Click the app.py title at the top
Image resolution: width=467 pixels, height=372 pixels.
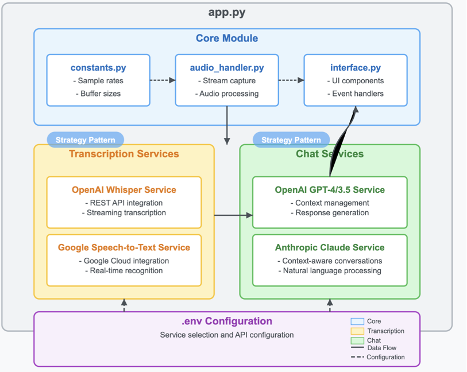(227, 13)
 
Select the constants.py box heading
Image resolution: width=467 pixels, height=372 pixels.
(98, 68)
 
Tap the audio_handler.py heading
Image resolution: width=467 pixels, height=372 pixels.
(227, 68)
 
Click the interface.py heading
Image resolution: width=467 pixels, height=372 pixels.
(356, 68)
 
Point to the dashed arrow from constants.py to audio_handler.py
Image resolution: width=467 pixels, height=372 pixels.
(163, 80)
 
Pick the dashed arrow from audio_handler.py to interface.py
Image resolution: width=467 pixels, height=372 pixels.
(291, 80)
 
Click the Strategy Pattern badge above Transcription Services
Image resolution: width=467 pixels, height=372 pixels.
(85, 139)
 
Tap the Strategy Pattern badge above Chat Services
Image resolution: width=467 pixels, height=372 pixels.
(291, 139)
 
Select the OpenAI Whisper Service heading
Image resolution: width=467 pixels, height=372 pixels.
(124, 189)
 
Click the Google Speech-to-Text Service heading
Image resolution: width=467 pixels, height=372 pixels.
(124, 247)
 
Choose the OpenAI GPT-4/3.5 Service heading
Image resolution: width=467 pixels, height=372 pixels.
(330, 189)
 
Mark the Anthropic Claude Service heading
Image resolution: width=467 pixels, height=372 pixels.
(330, 247)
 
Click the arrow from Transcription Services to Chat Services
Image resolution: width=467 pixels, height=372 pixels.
(233, 215)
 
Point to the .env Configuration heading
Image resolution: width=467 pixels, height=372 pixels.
(227, 321)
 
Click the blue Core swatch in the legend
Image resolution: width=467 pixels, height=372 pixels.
(357, 321)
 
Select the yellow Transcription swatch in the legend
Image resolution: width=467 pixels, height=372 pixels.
(357, 331)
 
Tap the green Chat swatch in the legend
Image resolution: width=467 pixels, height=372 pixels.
(357, 340)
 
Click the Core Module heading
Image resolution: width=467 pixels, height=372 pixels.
(227, 38)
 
